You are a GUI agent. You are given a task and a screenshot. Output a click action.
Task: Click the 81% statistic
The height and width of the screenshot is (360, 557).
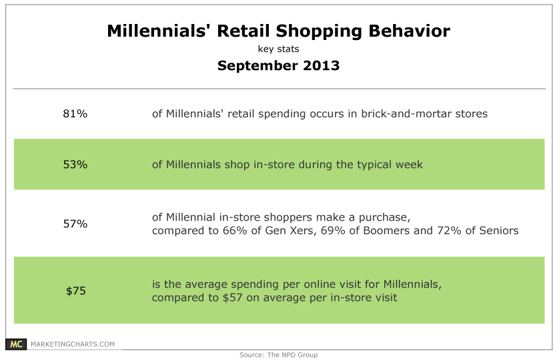pos(75,113)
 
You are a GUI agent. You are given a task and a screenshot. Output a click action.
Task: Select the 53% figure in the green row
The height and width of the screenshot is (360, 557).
pos(75,165)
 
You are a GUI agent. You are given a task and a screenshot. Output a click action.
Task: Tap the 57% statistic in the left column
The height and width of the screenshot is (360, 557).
pos(75,224)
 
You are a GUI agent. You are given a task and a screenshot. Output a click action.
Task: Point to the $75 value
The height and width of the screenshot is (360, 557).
pos(76,291)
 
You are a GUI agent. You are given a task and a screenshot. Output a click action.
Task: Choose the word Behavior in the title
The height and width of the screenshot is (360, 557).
pos(409,31)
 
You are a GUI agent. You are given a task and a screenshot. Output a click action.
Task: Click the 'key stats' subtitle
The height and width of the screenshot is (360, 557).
pos(279,49)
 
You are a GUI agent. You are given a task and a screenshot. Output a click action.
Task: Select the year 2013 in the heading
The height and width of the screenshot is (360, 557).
pos(321,66)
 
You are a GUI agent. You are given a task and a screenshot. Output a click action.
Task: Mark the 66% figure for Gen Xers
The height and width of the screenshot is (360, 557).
pos(235,231)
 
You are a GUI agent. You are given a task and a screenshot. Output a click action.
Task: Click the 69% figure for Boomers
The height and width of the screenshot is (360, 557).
pos(333,231)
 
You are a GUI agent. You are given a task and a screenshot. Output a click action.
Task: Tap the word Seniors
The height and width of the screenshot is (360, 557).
pos(499,231)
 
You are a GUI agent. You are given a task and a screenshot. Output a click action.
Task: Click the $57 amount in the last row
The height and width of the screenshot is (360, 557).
pos(232,297)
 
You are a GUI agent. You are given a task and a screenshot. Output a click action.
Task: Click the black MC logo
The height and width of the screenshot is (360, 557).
pos(16,344)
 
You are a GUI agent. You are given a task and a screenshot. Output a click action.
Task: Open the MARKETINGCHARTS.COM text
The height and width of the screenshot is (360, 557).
pos(73,344)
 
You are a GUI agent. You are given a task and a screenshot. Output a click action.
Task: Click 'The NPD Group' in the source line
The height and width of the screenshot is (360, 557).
pos(292,355)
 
